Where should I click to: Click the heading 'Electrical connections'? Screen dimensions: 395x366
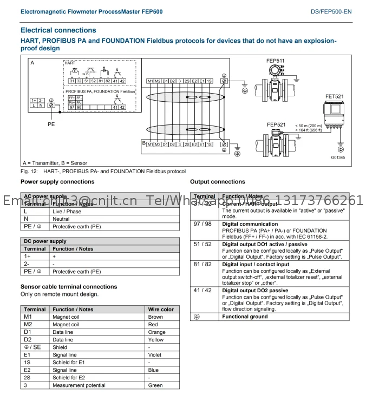[58, 30]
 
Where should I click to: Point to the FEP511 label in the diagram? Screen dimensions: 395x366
[276, 61]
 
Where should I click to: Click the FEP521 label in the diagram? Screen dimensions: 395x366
[276, 124]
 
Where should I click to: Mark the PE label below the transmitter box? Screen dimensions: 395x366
[51, 124]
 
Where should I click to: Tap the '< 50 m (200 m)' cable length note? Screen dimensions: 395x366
[309, 126]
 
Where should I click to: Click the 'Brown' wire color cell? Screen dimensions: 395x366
[155, 317]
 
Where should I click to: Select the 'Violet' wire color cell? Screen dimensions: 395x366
[155, 355]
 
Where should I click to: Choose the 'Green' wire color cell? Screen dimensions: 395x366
[155, 385]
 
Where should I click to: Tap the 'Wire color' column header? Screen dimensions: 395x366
[161, 310]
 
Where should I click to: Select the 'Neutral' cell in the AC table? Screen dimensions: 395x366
[61, 219]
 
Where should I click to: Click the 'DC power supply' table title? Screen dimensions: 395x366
[44, 241]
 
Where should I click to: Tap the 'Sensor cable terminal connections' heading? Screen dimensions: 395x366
[69, 287]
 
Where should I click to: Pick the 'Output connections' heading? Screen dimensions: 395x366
[218, 182]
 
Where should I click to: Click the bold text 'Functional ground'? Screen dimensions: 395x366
[245, 317]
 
